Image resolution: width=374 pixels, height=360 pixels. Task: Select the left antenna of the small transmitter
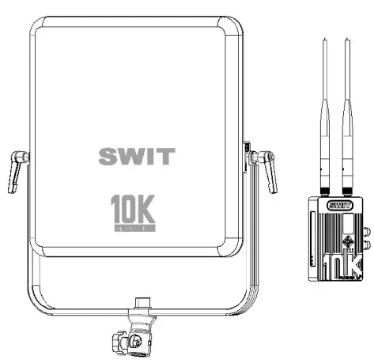point(325,111)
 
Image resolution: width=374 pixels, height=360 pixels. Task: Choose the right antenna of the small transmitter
point(347,111)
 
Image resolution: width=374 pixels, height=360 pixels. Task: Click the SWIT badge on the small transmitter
point(338,205)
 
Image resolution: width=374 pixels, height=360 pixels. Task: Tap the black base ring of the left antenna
point(325,190)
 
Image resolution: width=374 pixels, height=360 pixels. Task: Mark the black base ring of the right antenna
point(347,190)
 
